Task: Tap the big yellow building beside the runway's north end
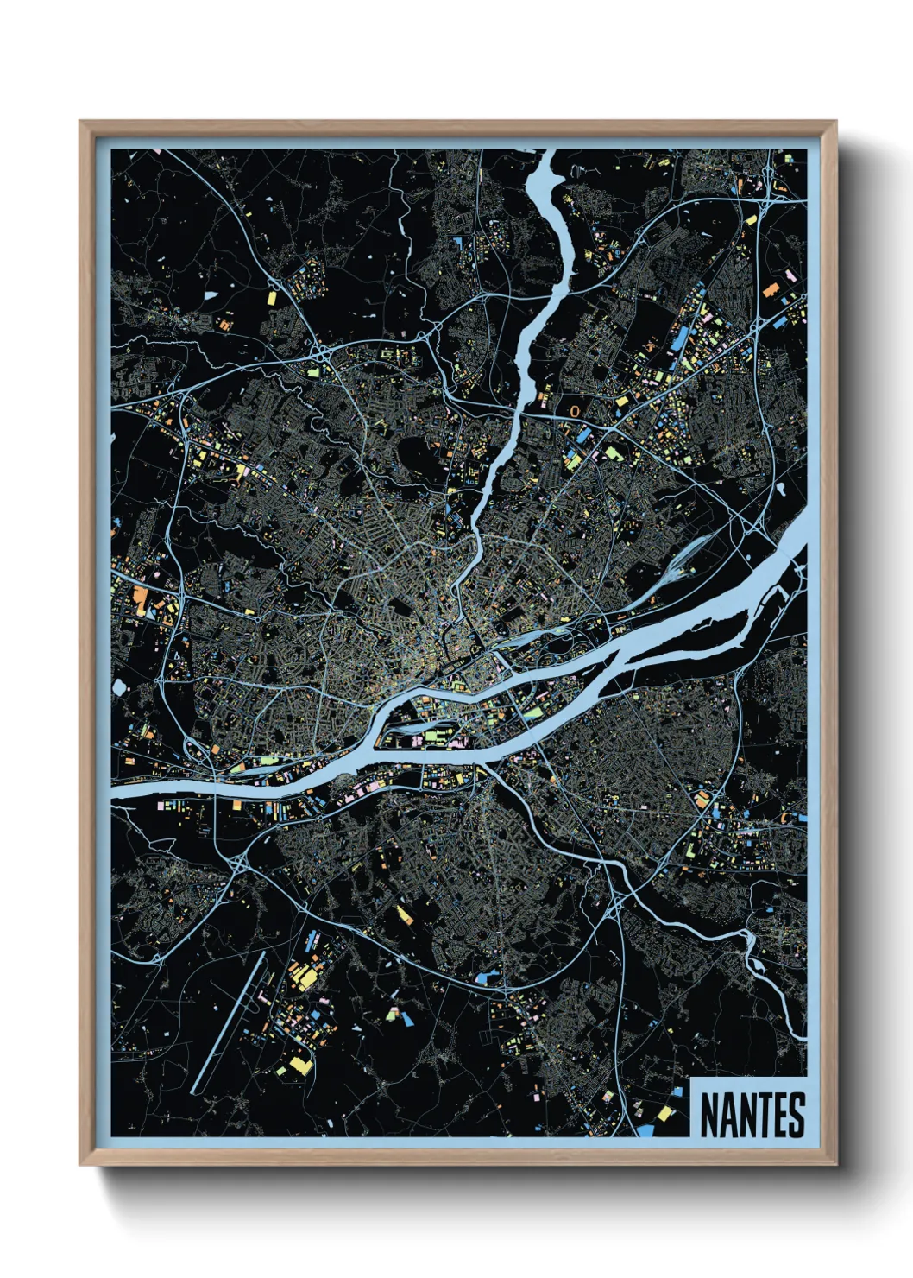tap(305, 976)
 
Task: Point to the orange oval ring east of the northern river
tap(575, 411)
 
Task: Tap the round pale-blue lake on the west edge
tap(118, 687)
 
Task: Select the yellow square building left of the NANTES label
tap(665, 1115)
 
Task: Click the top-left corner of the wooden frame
tap(80, 123)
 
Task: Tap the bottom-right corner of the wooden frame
tap(835, 1164)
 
